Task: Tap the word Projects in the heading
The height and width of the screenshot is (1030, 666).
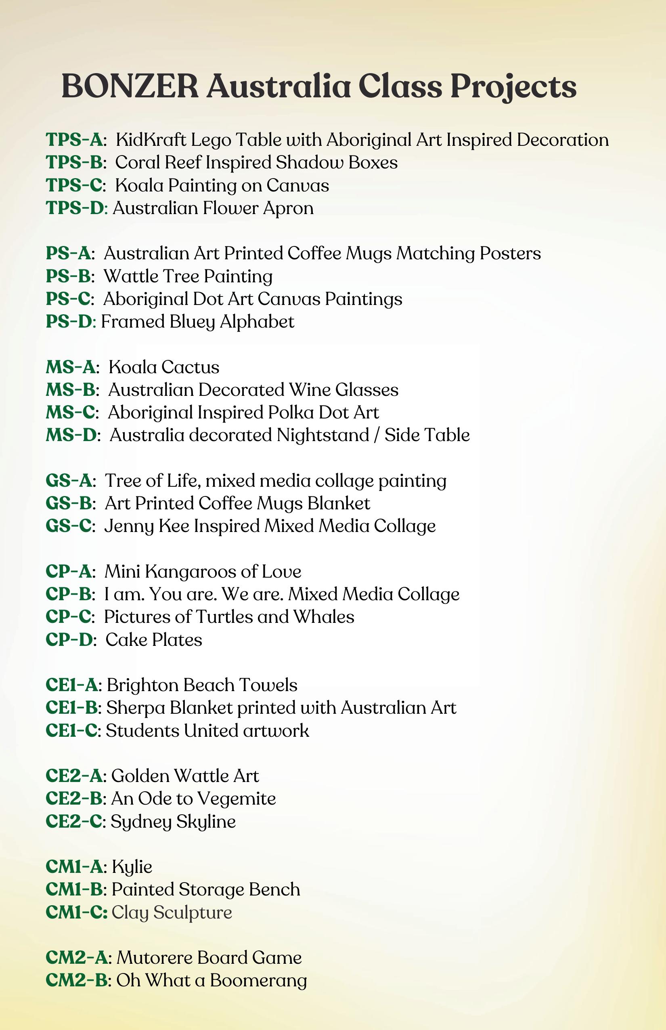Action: click(x=513, y=86)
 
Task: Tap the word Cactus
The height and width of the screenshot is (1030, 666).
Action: click(x=191, y=367)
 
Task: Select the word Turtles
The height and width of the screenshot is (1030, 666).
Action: click(x=224, y=617)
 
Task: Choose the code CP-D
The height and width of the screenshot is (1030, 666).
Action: click(x=69, y=640)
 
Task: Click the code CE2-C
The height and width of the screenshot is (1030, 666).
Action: click(x=73, y=822)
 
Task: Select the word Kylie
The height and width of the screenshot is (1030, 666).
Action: click(x=132, y=867)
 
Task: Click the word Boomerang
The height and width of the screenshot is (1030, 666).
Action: click(x=258, y=981)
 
